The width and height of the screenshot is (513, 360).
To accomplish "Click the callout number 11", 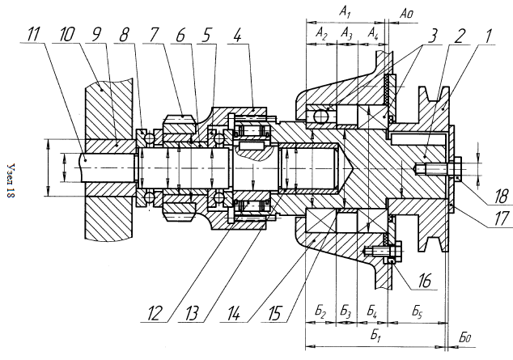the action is pos(33,34).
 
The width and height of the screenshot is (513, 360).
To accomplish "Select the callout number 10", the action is pos(67,34).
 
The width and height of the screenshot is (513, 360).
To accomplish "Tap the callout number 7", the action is pos(153,34).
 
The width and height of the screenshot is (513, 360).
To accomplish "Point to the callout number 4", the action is pos(238,34).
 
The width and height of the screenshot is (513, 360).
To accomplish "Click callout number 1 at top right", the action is pos(488,35).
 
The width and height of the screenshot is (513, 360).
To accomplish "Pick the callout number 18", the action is pos(499,197).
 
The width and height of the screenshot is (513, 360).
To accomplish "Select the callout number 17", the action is pos(502,218).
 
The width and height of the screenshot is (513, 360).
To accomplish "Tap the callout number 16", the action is pos(424,280).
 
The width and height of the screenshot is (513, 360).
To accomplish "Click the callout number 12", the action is pos(154,314).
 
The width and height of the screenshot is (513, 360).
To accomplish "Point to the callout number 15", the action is pos(274,314).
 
